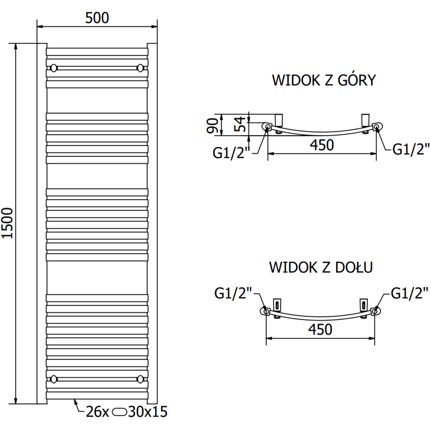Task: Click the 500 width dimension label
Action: [97, 17]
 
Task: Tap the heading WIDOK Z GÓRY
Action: [323, 81]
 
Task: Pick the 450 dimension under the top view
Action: [322, 145]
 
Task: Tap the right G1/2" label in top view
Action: [411, 149]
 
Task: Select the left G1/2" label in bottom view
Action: [233, 294]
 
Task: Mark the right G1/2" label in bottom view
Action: [410, 293]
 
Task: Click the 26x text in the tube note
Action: [98, 412]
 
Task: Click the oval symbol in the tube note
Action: [120, 413]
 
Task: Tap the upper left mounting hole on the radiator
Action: [53, 68]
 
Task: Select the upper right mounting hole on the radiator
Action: [141, 68]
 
